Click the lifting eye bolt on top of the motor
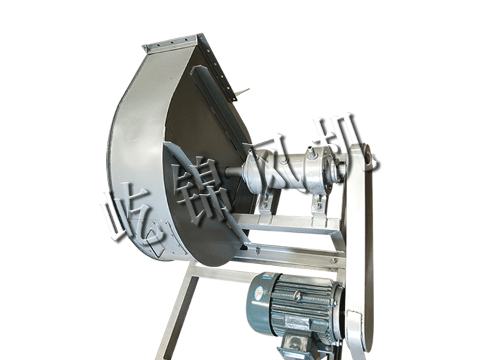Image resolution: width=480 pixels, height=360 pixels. [297, 295]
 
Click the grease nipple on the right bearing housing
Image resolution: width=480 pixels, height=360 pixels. [311, 151]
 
